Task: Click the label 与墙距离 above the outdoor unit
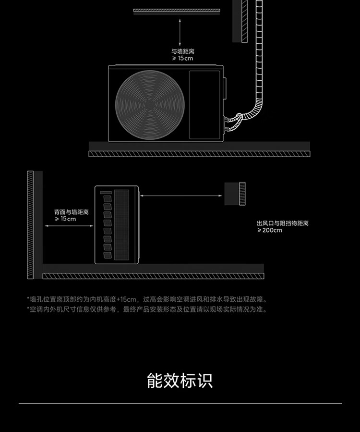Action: point(183,51)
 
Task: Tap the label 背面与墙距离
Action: point(72,212)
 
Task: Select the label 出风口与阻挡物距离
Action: point(283,223)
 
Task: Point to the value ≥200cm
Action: point(270,230)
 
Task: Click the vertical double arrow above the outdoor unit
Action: point(180,32)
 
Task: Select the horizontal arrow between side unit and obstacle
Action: point(181,196)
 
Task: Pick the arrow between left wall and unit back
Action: point(69,225)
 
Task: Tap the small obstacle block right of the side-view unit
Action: point(235,194)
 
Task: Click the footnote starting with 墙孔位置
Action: point(147,300)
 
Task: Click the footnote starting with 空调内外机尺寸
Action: point(147,309)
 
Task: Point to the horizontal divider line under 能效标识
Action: point(180,403)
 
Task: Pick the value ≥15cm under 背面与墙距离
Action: point(65,219)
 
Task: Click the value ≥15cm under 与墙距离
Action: point(182,58)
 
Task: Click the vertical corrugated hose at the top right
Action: point(260,48)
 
